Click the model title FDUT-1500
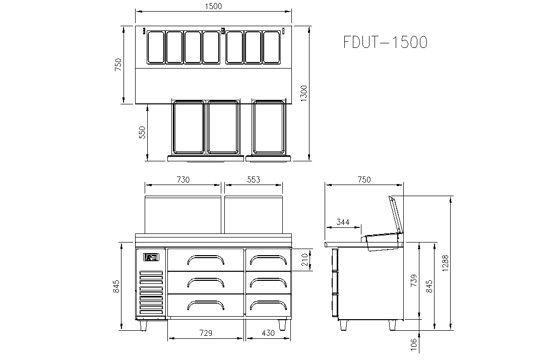point(386,42)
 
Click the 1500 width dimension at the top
point(213,7)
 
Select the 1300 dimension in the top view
point(304,94)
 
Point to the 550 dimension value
point(142,133)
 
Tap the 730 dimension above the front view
point(183,179)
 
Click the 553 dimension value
point(254,179)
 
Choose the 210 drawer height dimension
point(304,260)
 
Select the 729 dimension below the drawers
point(206,333)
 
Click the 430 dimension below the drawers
point(268,333)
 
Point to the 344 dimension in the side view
point(343,222)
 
